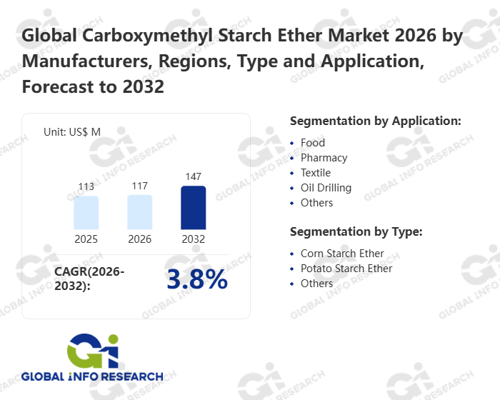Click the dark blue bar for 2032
193,208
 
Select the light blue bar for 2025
86,213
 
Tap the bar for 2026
140,212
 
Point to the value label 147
193,176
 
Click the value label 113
86,187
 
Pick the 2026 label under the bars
140,239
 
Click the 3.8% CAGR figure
196,280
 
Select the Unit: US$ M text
72,131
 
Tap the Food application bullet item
313,143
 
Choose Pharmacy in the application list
324,158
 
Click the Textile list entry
315,173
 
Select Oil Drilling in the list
326,188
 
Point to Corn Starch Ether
342,254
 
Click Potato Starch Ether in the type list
346,269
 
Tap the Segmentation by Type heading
356,231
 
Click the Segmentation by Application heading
375,121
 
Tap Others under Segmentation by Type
316,284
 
